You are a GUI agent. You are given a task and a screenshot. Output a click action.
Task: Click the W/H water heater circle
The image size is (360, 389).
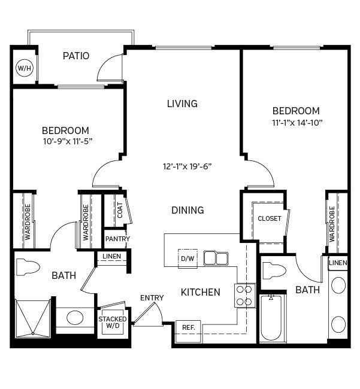pos(24,68)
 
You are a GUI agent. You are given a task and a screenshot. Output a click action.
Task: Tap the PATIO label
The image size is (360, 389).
pos(76,56)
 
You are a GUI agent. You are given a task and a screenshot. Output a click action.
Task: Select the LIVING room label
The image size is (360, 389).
pos(182,104)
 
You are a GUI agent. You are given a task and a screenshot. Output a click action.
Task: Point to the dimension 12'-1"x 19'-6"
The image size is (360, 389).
pos(187,166)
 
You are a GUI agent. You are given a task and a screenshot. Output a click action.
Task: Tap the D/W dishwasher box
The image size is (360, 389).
pos(187,258)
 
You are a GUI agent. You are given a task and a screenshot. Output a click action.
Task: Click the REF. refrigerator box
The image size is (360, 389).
pos(188,327)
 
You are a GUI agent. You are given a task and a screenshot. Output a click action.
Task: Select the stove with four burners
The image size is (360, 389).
pos(244,296)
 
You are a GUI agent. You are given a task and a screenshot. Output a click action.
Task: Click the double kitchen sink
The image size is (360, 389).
pos(216,258)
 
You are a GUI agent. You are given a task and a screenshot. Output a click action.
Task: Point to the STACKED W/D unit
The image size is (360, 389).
pos(113,323)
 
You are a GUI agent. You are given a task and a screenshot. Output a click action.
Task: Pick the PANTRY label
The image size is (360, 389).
pos(117,239)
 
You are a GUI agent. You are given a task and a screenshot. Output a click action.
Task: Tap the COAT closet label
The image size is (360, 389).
pos(120,209)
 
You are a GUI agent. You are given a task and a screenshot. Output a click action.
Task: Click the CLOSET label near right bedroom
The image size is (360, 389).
pos(269,218)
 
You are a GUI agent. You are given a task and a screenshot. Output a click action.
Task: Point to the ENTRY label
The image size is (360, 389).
pos(152,298)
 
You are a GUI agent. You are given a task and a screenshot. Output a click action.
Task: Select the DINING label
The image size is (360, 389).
pos(187,210)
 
